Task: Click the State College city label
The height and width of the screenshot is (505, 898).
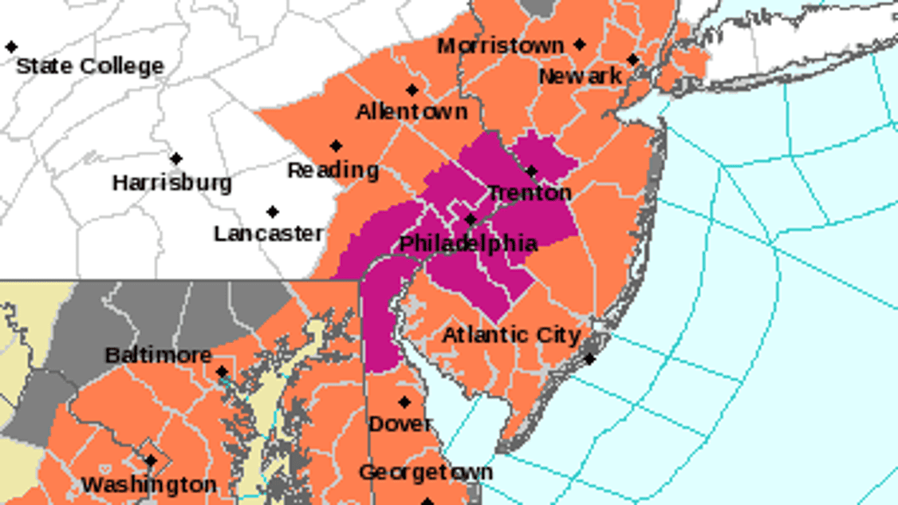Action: [x=89, y=65]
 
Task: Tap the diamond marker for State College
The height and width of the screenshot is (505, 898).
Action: [x=11, y=47]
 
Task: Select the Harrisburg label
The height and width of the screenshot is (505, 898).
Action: [x=171, y=183]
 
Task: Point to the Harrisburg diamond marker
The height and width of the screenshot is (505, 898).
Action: [x=176, y=159]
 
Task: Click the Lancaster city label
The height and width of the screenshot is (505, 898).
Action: [x=269, y=234]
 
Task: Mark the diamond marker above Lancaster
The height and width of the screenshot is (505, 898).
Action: [x=273, y=212]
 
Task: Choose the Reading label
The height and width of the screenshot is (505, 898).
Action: [x=333, y=170]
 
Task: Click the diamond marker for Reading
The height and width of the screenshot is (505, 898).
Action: [x=336, y=146]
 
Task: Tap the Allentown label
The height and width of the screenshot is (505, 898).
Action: [x=412, y=112]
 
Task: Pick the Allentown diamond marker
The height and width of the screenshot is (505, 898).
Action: [x=412, y=90]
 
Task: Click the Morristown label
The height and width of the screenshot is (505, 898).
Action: [x=500, y=46]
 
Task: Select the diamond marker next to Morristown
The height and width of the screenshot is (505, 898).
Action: [x=580, y=45]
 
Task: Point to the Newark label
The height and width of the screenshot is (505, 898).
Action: [x=580, y=76]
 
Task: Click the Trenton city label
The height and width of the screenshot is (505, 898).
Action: [x=529, y=193]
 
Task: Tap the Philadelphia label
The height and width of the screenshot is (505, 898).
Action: [x=468, y=243]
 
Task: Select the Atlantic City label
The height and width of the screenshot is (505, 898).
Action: [x=511, y=335]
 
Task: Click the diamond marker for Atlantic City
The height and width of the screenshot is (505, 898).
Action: [x=589, y=360]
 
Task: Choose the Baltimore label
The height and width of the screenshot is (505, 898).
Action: [x=158, y=354]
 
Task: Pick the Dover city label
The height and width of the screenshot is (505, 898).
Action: [x=400, y=424]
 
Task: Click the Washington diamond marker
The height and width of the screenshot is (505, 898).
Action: [x=151, y=461]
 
